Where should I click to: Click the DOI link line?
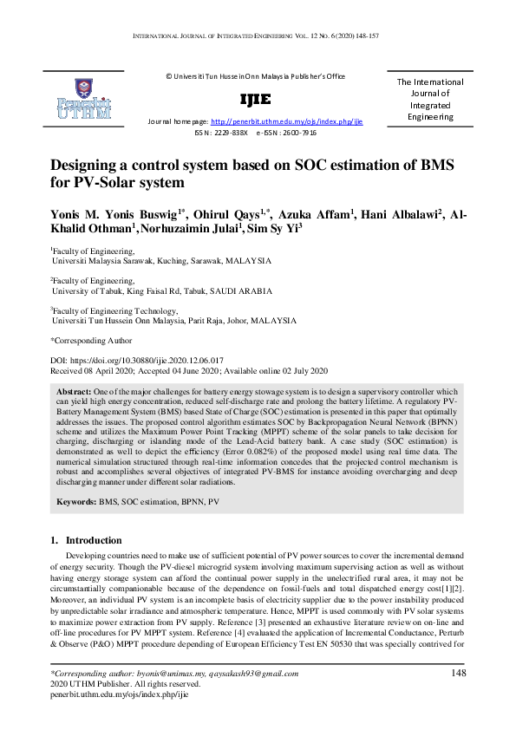coord(137,359)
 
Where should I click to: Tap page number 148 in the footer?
coord(459,673)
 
